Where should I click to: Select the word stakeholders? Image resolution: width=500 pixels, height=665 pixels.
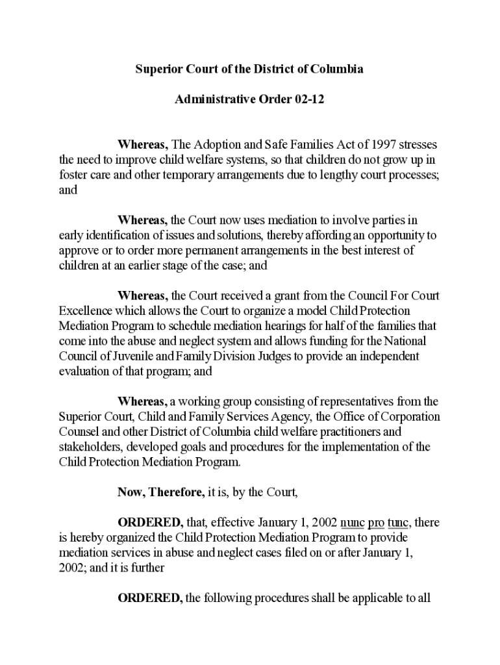[90, 447]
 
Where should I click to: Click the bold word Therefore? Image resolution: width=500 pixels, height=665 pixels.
[177, 492]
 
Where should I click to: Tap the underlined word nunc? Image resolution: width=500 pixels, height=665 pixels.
[352, 523]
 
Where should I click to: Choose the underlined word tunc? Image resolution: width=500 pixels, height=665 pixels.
[398, 523]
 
